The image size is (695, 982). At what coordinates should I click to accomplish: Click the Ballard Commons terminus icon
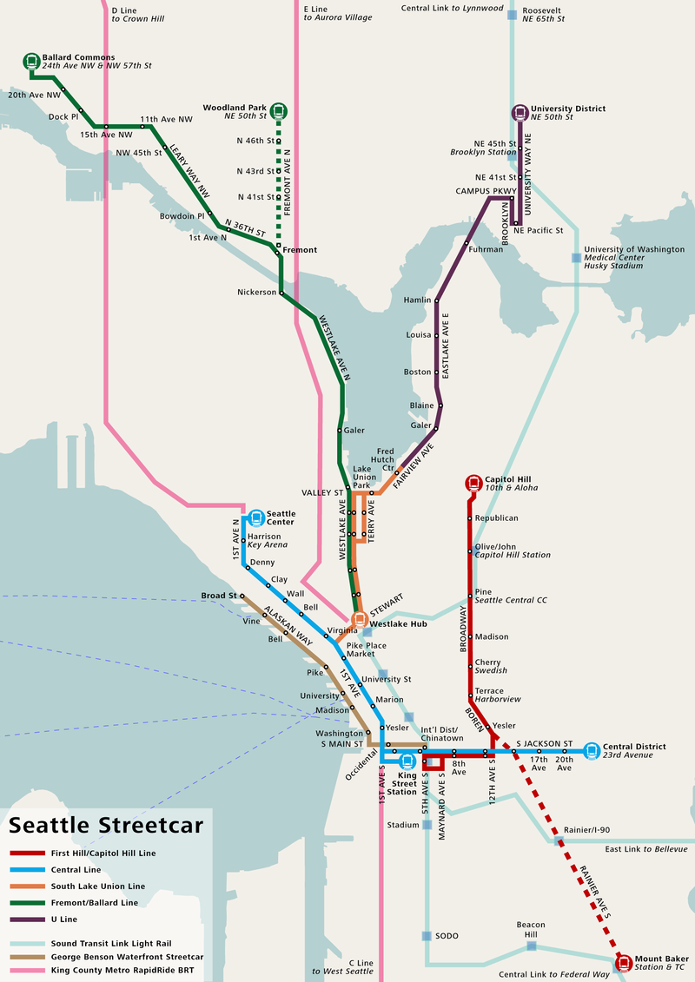(x=31, y=62)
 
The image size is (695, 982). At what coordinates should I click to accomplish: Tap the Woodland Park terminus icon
(x=278, y=110)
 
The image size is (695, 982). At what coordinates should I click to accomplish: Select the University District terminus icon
(x=520, y=112)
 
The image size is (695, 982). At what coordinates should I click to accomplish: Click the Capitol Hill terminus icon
(x=473, y=483)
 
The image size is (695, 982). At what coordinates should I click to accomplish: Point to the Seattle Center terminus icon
(x=256, y=517)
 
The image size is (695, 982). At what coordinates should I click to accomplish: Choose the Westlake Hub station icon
(x=359, y=619)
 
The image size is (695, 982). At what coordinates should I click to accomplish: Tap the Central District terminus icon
(x=592, y=750)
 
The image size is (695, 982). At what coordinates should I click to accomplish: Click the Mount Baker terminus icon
(x=622, y=962)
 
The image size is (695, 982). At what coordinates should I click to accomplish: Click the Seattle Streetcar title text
(x=106, y=825)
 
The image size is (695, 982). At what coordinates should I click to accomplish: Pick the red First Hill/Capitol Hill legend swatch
(x=27, y=853)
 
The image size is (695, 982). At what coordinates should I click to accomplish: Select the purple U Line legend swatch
(x=27, y=919)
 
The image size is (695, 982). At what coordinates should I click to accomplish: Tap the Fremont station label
(x=300, y=250)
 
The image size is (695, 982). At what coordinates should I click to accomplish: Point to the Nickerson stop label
(x=255, y=293)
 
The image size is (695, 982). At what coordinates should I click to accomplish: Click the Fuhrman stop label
(x=486, y=249)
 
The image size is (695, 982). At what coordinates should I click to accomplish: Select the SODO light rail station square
(x=427, y=936)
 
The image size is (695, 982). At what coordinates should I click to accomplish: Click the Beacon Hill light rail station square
(x=531, y=946)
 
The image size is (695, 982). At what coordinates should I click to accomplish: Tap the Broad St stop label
(x=219, y=596)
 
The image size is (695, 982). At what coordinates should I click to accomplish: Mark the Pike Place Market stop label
(x=366, y=652)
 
